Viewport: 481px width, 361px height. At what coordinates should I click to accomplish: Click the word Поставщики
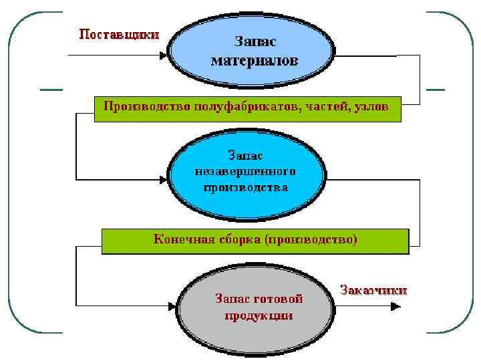(119, 34)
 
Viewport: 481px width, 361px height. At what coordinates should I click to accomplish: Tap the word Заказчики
(373, 290)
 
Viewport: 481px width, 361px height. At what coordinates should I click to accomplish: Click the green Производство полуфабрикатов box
(247, 107)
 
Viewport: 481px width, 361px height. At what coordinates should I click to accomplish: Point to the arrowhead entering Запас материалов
(163, 55)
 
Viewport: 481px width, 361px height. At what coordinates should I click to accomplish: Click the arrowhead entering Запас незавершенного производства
(163, 180)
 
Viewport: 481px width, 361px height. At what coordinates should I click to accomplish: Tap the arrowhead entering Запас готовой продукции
(171, 308)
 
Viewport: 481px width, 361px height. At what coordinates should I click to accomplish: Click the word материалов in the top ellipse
(255, 61)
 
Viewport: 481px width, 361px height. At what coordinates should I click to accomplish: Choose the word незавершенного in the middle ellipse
(245, 171)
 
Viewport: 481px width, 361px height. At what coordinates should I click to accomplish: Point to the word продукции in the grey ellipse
(259, 315)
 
